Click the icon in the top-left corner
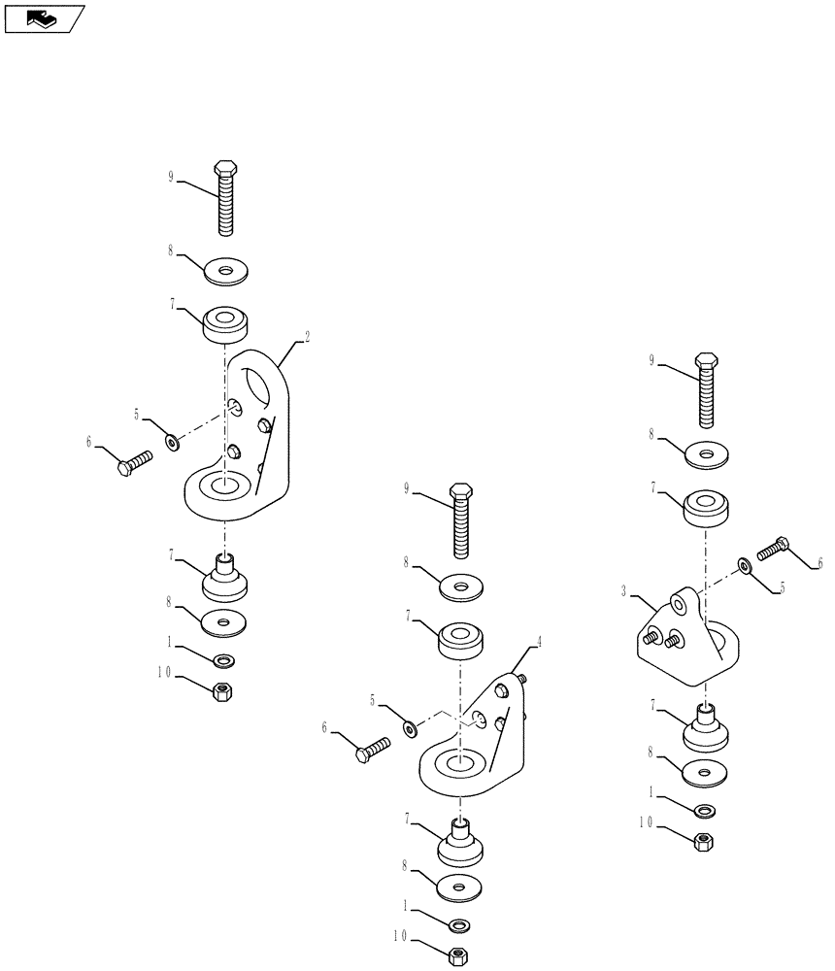(43, 17)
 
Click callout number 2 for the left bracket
(308, 337)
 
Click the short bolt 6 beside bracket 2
(135, 461)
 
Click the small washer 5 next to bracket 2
(172, 443)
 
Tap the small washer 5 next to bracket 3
(744, 564)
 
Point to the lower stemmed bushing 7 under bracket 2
(224, 579)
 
